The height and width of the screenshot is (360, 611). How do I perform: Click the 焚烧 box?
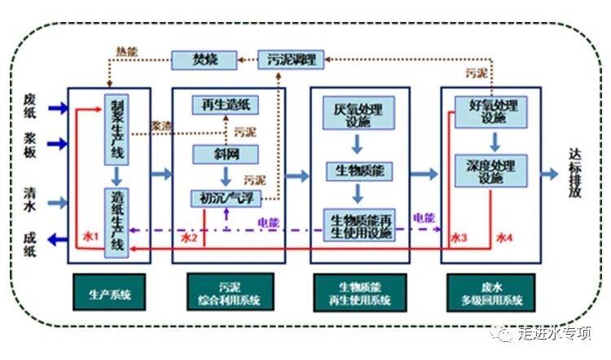[x=204, y=59]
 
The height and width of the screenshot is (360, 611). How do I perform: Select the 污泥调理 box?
[x=292, y=59]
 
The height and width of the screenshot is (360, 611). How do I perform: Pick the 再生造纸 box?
[x=225, y=104]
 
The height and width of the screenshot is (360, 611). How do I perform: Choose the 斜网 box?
[x=225, y=154]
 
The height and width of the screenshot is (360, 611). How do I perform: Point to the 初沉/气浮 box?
[x=225, y=197]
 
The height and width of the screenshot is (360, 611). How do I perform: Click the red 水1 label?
[x=90, y=238]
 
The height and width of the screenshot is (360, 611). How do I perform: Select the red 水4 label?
[x=505, y=238]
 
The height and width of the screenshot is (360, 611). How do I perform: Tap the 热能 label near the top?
[x=127, y=51]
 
